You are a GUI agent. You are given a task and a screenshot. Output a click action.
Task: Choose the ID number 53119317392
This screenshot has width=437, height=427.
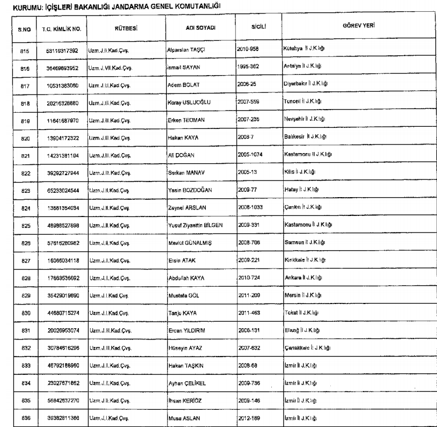pos(58,50)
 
